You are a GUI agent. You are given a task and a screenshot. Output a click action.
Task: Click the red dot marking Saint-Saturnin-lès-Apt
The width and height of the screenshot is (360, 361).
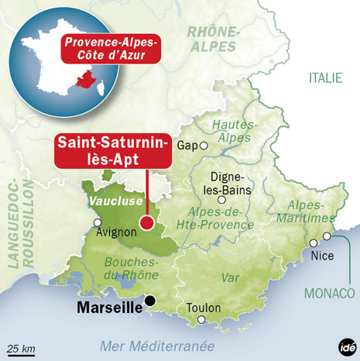click(x=146, y=225)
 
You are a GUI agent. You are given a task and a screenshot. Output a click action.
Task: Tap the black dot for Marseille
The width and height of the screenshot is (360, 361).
click(x=151, y=302)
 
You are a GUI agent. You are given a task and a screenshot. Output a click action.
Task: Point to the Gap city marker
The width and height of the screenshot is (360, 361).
click(x=204, y=145)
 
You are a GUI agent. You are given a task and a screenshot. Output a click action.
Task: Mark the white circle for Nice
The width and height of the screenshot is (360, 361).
click(x=327, y=236)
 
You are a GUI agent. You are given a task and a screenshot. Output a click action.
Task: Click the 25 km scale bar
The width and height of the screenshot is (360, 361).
click(x=21, y=350)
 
